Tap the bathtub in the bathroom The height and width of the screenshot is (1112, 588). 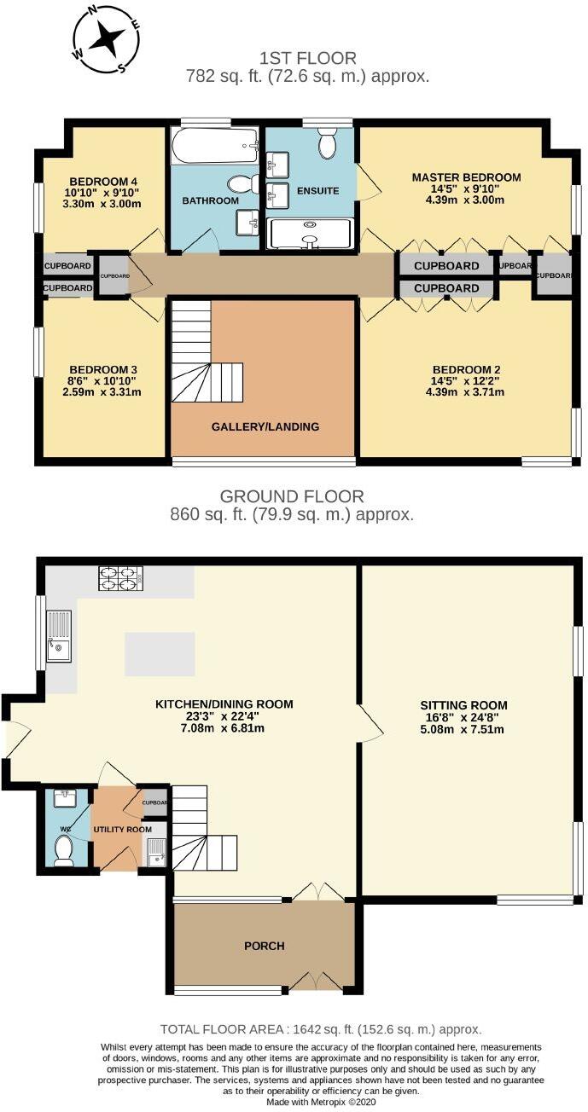[x=214, y=146]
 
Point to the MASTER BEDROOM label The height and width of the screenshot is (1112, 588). [x=466, y=177]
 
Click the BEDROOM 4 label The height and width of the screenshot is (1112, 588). [x=103, y=181]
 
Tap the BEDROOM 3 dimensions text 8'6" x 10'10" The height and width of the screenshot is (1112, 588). [x=103, y=380]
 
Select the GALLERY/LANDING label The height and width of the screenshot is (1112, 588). [x=265, y=426]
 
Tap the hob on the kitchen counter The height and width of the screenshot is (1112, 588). [x=120, y=578]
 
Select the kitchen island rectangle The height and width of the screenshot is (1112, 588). [x=160, y=653]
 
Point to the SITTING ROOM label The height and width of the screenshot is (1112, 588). [x=463, y=705]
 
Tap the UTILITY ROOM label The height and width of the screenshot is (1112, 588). [x=123, y=829]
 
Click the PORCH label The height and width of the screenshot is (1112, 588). [x=264, y=946]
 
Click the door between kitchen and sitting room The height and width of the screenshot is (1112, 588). [x=370, y=726]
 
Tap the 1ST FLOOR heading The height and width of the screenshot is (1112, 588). [x=308, y=58]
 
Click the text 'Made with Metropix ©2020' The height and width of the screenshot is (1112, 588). [x=320, y=1103]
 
